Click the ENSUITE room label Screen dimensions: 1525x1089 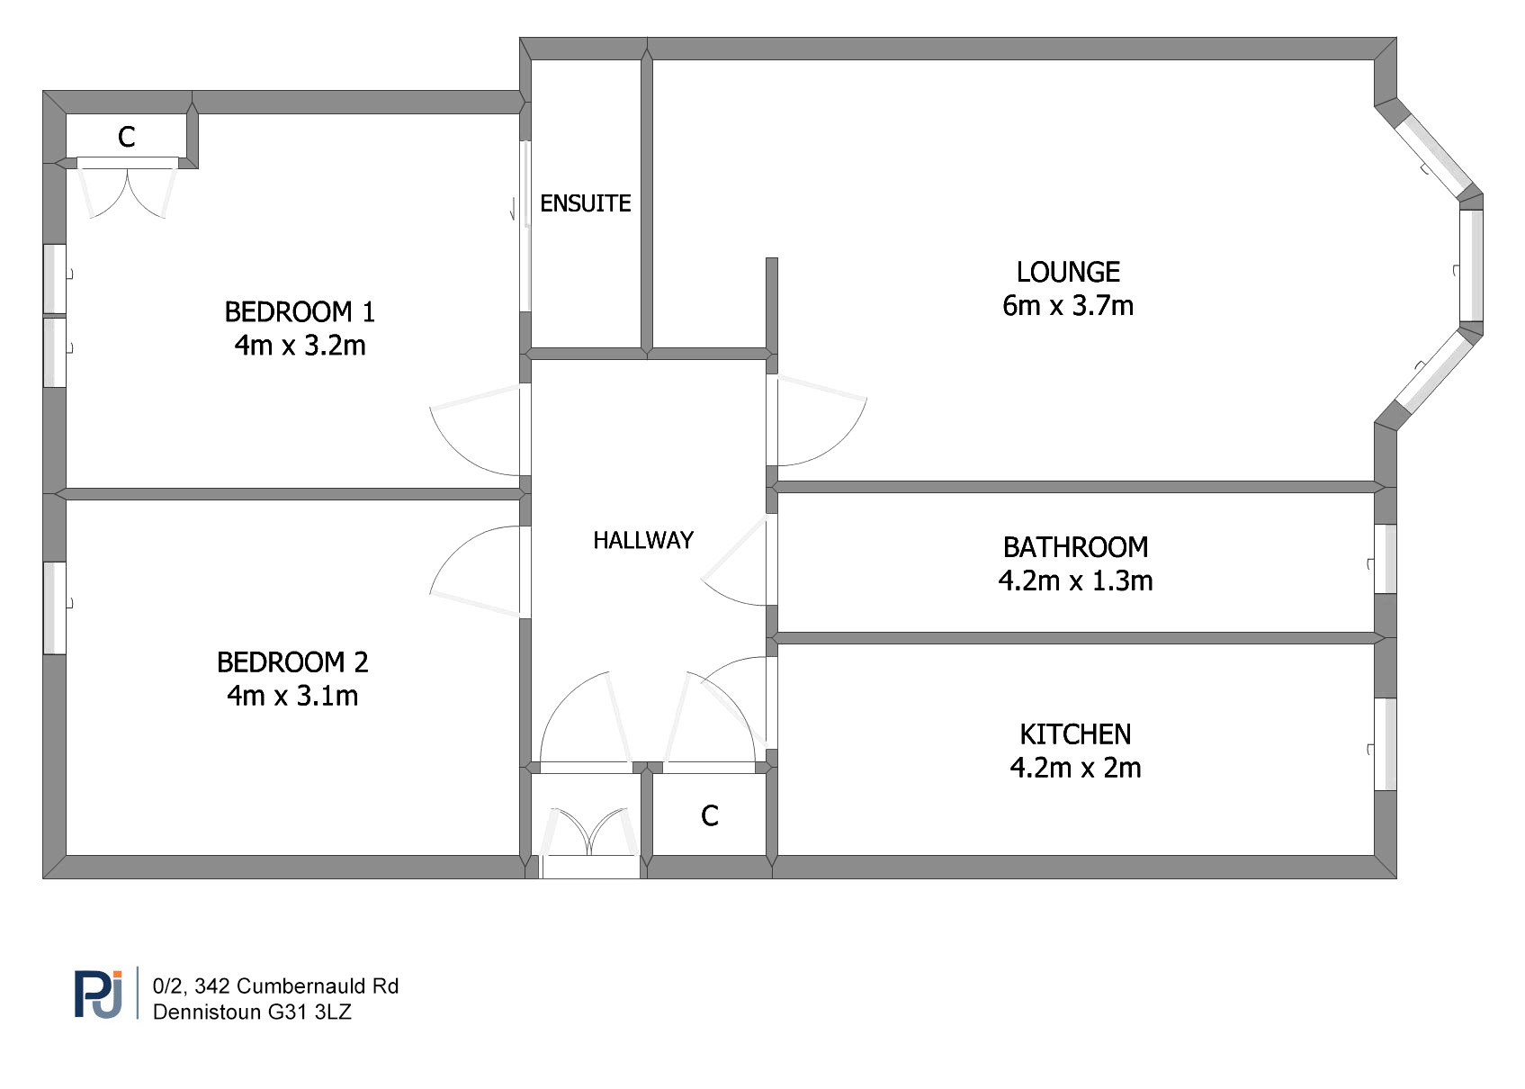pos(586,203)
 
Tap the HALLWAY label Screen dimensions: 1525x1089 pos(643,541)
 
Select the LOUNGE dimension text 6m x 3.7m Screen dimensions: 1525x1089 pos(1068,306)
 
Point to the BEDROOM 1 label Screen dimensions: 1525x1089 pos(300,312)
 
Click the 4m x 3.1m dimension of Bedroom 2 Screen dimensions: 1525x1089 pos(292,696)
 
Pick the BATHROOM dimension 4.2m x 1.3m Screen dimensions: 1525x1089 pos(1076,580)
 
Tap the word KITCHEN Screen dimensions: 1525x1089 pos(1076,735)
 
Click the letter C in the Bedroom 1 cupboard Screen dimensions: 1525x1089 pos(127,137)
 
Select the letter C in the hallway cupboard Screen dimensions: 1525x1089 pos(710,816)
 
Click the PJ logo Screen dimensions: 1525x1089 pos(99,995)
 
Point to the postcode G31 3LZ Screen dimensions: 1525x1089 pos(309,1012)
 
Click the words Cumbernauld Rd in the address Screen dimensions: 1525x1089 pos(318,986)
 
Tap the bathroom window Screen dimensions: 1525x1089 pos(1386,559)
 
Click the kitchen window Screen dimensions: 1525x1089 pos(1386,744)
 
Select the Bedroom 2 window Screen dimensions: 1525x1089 pos(55,608)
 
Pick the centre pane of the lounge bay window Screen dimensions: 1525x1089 pos(1471,265)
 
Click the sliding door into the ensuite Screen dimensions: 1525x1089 pos(525,226)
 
